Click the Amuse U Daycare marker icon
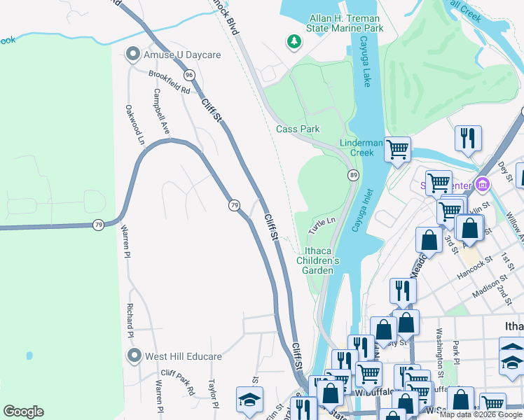pos(132,54)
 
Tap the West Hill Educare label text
pos(183,356)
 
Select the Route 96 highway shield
pos(189,74)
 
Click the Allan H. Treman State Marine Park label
pos(345,23)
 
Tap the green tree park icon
pos(294,43)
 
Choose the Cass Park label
pos(298,129)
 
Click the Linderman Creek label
pos(361,147)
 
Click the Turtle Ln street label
pos(323,225)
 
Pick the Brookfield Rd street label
pos(168,80)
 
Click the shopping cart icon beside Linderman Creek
pos(397,148)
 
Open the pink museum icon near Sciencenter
pos(482,185)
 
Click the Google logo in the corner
pos(24,412)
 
